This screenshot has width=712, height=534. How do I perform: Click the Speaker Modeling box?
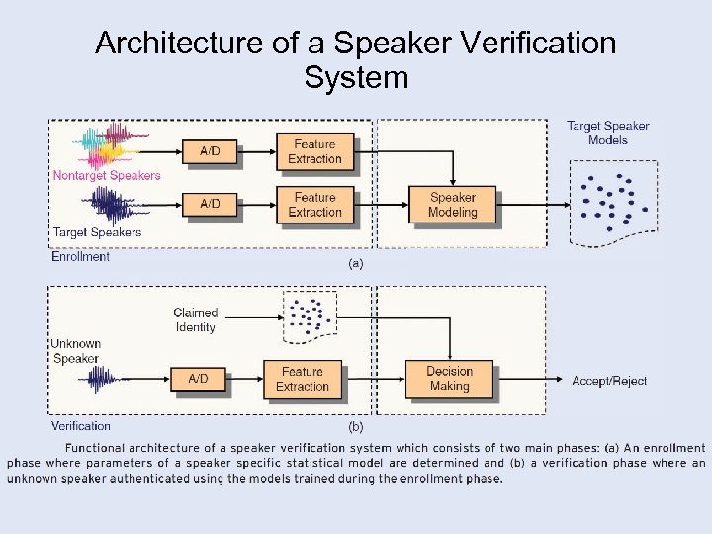click(452, 204)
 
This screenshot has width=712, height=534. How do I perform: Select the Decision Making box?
click(449, 379)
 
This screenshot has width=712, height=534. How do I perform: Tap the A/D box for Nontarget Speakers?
click(210, 151)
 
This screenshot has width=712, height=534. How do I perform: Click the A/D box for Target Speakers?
click(210, 204)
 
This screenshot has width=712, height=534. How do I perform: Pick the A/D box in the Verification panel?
click(198, 379)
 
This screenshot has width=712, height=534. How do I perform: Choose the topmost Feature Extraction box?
click(314, 151)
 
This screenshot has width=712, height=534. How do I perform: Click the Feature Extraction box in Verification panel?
click(303, 379)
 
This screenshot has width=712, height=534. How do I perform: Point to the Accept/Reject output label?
click(609, 381)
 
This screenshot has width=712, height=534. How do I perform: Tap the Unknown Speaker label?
click(76, 351)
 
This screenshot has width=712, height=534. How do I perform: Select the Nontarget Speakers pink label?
click(107, 176)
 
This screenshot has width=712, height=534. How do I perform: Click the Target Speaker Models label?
click(607, 133)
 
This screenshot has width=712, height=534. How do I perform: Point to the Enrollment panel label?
click(80, 257)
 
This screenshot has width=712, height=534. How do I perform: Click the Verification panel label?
click(80, 426)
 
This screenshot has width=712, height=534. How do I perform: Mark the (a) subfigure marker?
click(356, 263)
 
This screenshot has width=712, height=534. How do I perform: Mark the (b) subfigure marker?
click(356, 427)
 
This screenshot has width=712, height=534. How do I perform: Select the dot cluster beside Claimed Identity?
click(311, 315)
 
